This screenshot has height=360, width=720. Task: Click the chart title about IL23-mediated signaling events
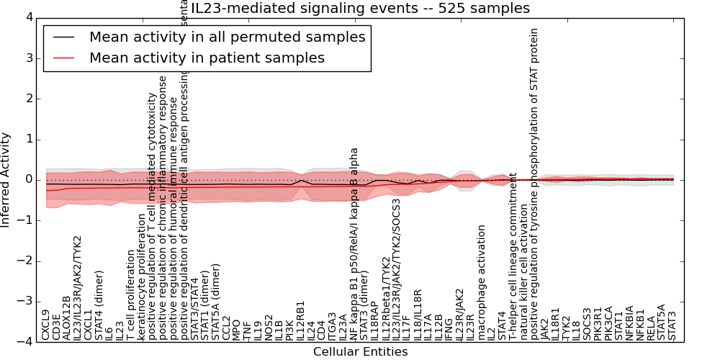(360, 9)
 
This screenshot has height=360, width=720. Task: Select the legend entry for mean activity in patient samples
(207, 58)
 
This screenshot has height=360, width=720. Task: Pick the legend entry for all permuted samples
(227, 37)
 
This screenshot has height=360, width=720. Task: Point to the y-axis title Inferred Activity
(6, 179)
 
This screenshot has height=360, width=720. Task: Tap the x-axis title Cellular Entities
(360, 352)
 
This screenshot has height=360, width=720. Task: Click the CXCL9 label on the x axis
(46, 325)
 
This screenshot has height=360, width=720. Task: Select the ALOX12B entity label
(67, 318)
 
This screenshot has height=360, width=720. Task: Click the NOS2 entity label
(269, 327)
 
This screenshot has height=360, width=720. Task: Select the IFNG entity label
(449, 328)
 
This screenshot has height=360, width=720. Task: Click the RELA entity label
(651, 328)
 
